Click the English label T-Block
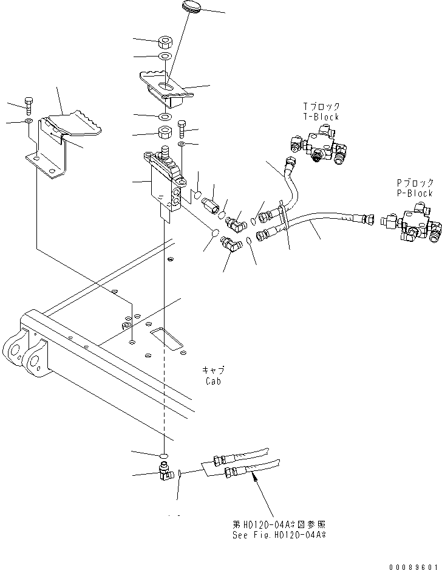(x=321, y=117)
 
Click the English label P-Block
(x=415, y=193)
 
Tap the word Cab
(x=213, y=381)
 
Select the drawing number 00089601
(x=413, y=567)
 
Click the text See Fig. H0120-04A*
(x=279, y=535)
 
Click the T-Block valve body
(x=318, y=145)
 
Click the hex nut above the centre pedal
(x=166, y=43)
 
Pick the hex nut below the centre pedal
(x=165, y=132)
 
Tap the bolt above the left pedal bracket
(x=29, y=104)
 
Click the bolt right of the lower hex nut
(x=182, y=129)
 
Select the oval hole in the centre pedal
(x=167, y=86)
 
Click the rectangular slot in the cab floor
(x=167, y=339)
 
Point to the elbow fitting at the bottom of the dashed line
(x=166, y=472)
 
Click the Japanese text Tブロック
(x=321, y=106)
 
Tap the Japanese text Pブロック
(x=415, y=182)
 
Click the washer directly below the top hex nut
(x=166, y=57)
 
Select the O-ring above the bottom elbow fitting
(x=164, y=456)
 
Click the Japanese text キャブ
(x=213, y=370)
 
